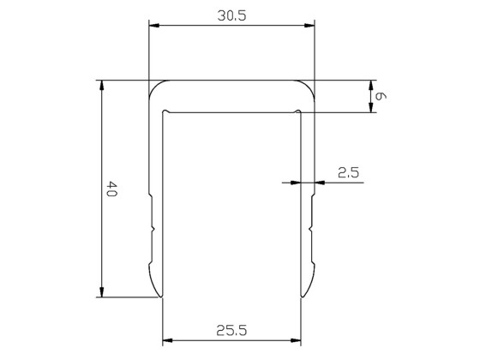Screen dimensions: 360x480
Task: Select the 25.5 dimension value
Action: (231, 328)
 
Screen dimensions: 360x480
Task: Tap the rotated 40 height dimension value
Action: (111, 189)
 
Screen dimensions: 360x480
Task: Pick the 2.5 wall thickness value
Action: (348, 172)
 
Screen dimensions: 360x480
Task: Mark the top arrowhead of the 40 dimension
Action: (102, 85)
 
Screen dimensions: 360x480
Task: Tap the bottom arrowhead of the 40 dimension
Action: (102, 294)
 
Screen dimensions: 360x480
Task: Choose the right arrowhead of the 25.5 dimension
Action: (298, 340)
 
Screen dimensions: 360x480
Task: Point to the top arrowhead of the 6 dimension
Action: (370, 85)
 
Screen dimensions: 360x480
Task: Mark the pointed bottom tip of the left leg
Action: (160, 297)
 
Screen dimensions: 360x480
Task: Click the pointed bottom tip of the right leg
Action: (303, 297)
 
